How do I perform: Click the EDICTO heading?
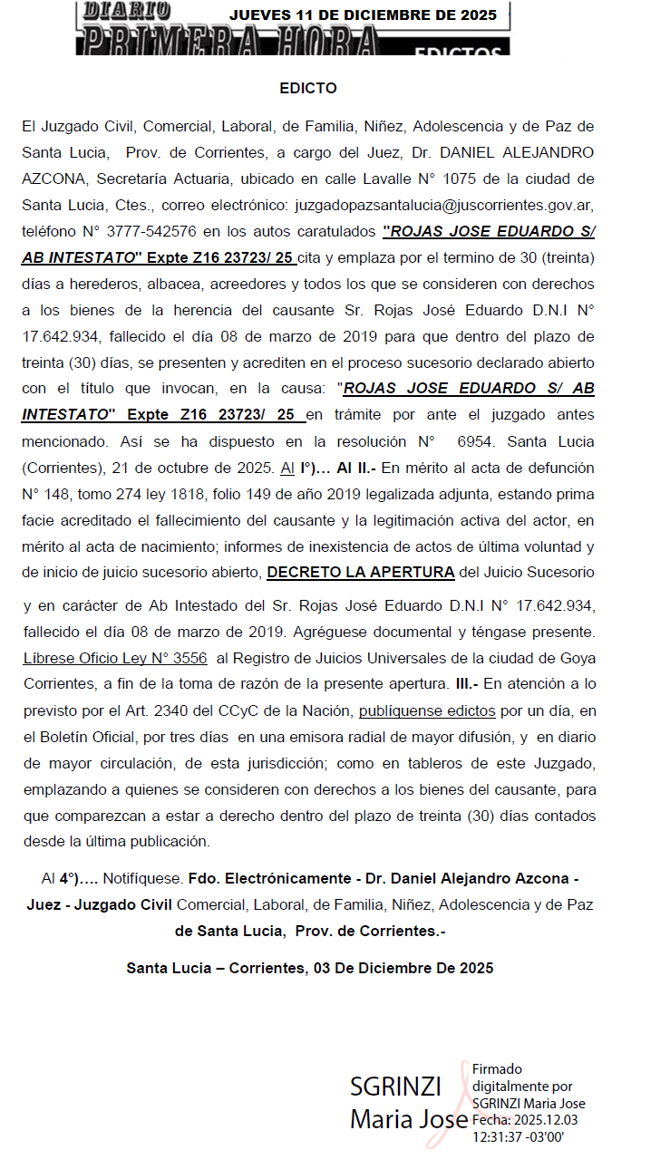308,89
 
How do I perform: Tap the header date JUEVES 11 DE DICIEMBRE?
363,14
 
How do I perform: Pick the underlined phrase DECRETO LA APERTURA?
361,572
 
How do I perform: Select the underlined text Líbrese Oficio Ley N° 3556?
114,658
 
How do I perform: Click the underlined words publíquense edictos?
427,710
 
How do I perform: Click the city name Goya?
578,658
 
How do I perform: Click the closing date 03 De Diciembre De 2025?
403,968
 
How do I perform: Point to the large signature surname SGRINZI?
395,1087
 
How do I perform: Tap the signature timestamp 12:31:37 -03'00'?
518,1136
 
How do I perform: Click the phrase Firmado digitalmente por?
522,1077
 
